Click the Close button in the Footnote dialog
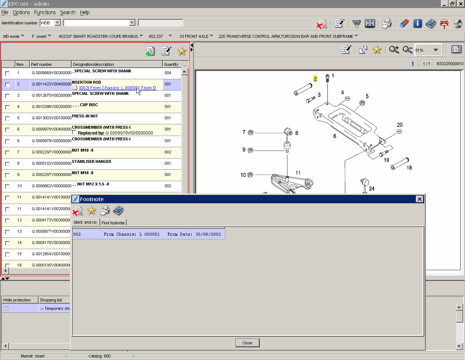[x=247, y=343]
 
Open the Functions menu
[x=45, y=12]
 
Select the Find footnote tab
[x=113, y=223]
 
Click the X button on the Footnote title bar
[x=420, y=199]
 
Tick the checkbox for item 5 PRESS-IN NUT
[x=7, y=119]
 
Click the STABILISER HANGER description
[x=92, y=161]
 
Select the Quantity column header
[x=171, y=64]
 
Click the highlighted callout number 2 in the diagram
[x=315, y=79]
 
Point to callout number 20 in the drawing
[x=400, y=125]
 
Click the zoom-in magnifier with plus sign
[x=394, y=50]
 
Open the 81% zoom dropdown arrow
[x=436, y=50]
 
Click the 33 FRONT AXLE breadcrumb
[x=194, y=36]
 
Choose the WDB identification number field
[x=47, y=23]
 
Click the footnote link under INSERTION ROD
[x=117, y=88]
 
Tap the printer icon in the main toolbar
[x=386, y=24]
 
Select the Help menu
[x=85, y=12]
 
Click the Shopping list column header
[x=51, y=300]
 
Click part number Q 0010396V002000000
[x=51, y=107]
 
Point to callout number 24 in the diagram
[x=371, y=188]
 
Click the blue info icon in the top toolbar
[x=417, y=24]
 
